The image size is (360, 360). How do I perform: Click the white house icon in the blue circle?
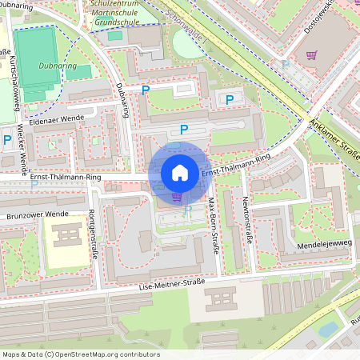tap(180, 173)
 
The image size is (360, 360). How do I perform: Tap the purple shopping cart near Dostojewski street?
tap(312, 55)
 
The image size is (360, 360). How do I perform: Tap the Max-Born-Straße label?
tap(214, 227)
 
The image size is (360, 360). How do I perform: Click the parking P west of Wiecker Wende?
tap(7, 141)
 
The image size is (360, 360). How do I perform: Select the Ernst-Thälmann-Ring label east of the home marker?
tap(236, 166)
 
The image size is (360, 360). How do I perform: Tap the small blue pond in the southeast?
tap(329, 329)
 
